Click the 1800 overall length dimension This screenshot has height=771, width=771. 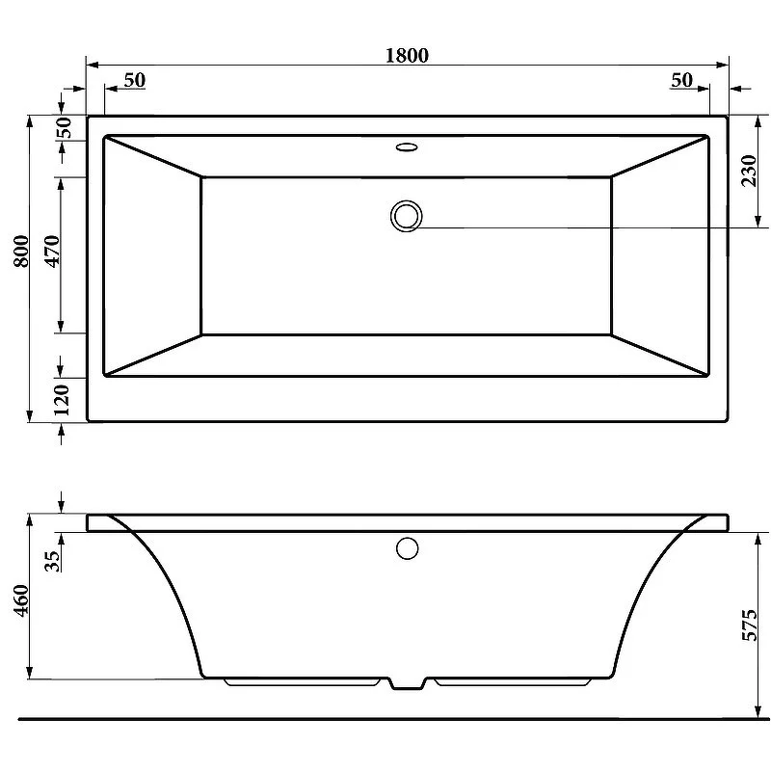(407, 55)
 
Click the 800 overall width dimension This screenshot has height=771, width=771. (21, 252)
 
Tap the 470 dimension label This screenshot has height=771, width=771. (52, 252)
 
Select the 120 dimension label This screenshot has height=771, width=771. (63, 400)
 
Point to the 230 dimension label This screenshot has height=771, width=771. (749, 171)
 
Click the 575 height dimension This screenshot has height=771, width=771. (750, 625)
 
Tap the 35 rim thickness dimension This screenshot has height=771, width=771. (52, 561)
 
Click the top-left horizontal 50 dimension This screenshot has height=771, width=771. (134, 80)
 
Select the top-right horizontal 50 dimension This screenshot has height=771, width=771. (682, 80)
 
